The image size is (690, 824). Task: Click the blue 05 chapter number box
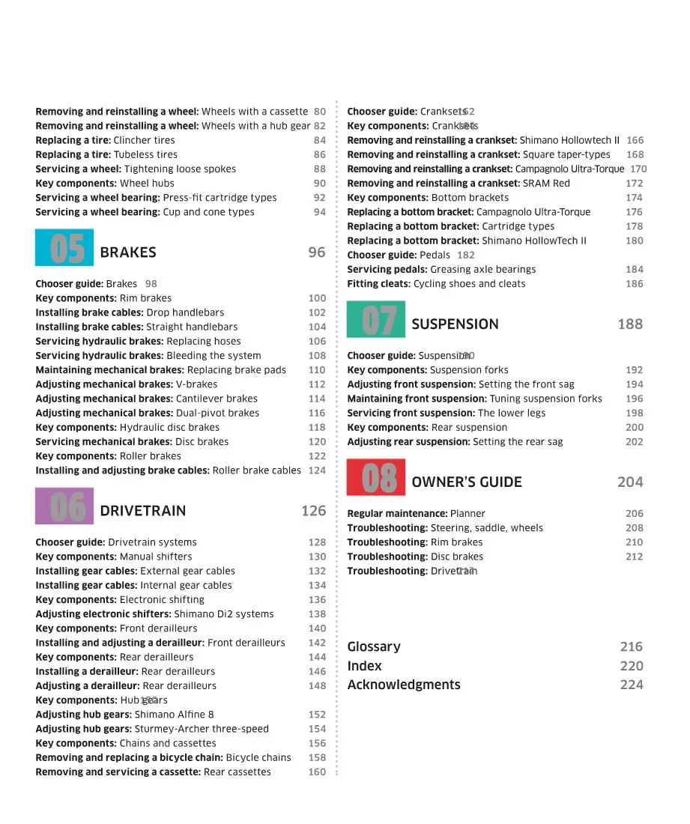64,248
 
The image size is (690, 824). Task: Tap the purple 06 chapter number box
64,506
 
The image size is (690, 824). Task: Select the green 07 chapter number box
376,320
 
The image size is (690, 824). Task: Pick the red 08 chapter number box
376,478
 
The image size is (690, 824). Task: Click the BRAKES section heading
128,252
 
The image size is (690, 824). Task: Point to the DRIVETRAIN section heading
142,511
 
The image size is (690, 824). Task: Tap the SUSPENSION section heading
455,324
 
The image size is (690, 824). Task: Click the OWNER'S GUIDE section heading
467,482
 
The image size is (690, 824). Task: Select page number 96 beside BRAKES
317,252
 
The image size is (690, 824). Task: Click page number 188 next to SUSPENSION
630,324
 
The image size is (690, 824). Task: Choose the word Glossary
374,646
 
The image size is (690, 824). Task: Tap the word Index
365,666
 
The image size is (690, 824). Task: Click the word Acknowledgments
404,685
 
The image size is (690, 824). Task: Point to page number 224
632,685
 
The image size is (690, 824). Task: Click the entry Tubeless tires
145,154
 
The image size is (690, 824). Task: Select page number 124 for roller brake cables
317,470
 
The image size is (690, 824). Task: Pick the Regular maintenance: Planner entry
416,514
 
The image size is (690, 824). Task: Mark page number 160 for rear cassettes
317,772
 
